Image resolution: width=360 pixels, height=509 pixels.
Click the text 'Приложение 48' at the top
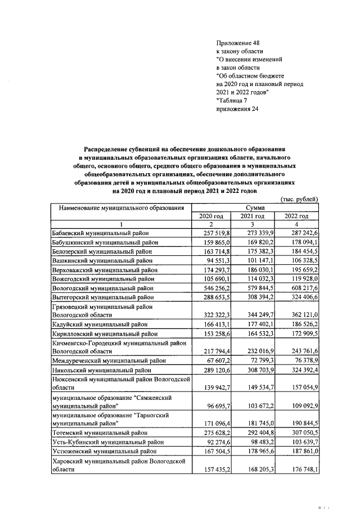click(238, 43)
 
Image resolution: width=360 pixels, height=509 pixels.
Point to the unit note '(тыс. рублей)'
click(299, 199)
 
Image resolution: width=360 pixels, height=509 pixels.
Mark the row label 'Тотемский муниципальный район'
click(96, 433)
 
